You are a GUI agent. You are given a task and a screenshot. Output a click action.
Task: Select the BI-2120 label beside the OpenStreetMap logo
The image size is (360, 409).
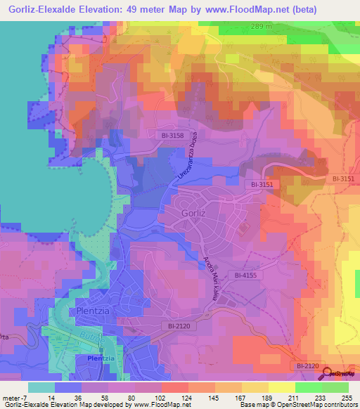(x=308, y=366)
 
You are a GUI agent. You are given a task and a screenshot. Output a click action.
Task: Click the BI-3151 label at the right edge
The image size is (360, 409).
(x=344, y=179)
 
